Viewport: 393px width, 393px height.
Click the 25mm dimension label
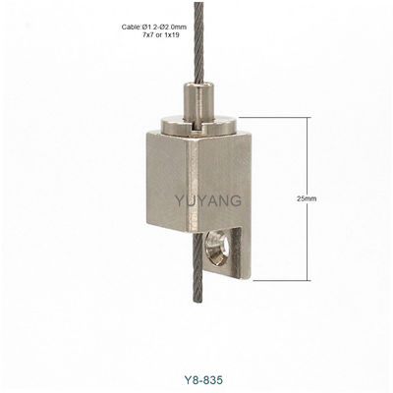click(307, 198)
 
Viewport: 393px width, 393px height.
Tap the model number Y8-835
click(203, 380)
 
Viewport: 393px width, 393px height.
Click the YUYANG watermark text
click(208, 200)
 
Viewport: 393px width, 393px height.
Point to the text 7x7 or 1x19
click(161, 34)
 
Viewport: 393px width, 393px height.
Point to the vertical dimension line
click(308, 198)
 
